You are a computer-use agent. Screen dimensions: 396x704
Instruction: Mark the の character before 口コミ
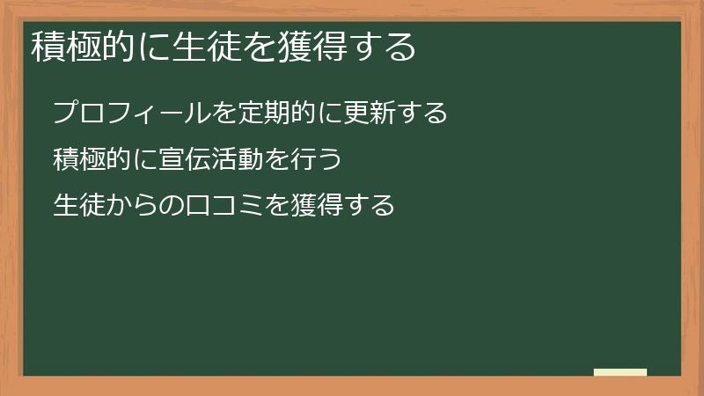click(174, 205)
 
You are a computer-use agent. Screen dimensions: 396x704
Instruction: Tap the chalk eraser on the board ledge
click(620, 372)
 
